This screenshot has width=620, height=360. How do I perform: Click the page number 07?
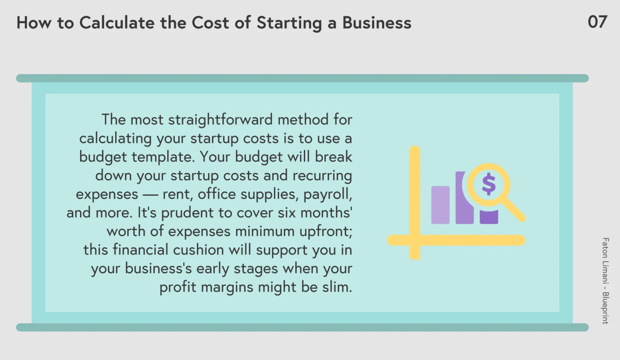(x=597, y=22)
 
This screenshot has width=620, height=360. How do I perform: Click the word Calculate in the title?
(x=117, y=22)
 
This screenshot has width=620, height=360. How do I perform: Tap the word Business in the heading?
(x=377, y=22)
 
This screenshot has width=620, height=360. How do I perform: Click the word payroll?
(x=328, y=194)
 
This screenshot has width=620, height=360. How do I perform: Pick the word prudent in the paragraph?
(x=187, y=213)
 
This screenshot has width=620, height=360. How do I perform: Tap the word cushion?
(x=198, y=250)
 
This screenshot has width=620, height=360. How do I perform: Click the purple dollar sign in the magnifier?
(x=488, y=184)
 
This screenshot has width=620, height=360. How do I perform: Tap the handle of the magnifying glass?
(x=514, y=209)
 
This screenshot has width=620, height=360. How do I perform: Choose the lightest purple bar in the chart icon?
(x=440, y=205)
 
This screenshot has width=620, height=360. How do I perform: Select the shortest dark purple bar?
(x=489, y=217)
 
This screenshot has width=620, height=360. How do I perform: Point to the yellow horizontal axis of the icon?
(x=456, y=240)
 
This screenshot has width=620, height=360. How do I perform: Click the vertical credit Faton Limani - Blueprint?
(x=605, y=281)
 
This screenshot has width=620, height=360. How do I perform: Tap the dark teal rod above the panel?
(x=302, y=78)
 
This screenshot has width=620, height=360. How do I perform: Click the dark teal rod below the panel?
(x=302, y=327)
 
